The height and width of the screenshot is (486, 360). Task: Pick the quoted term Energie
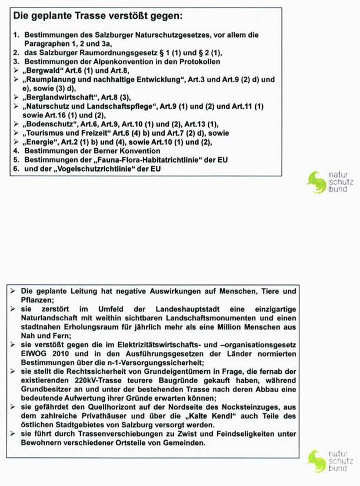[x=43, y=142]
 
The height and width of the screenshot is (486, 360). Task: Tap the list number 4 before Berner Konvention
[x=16, y=151]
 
